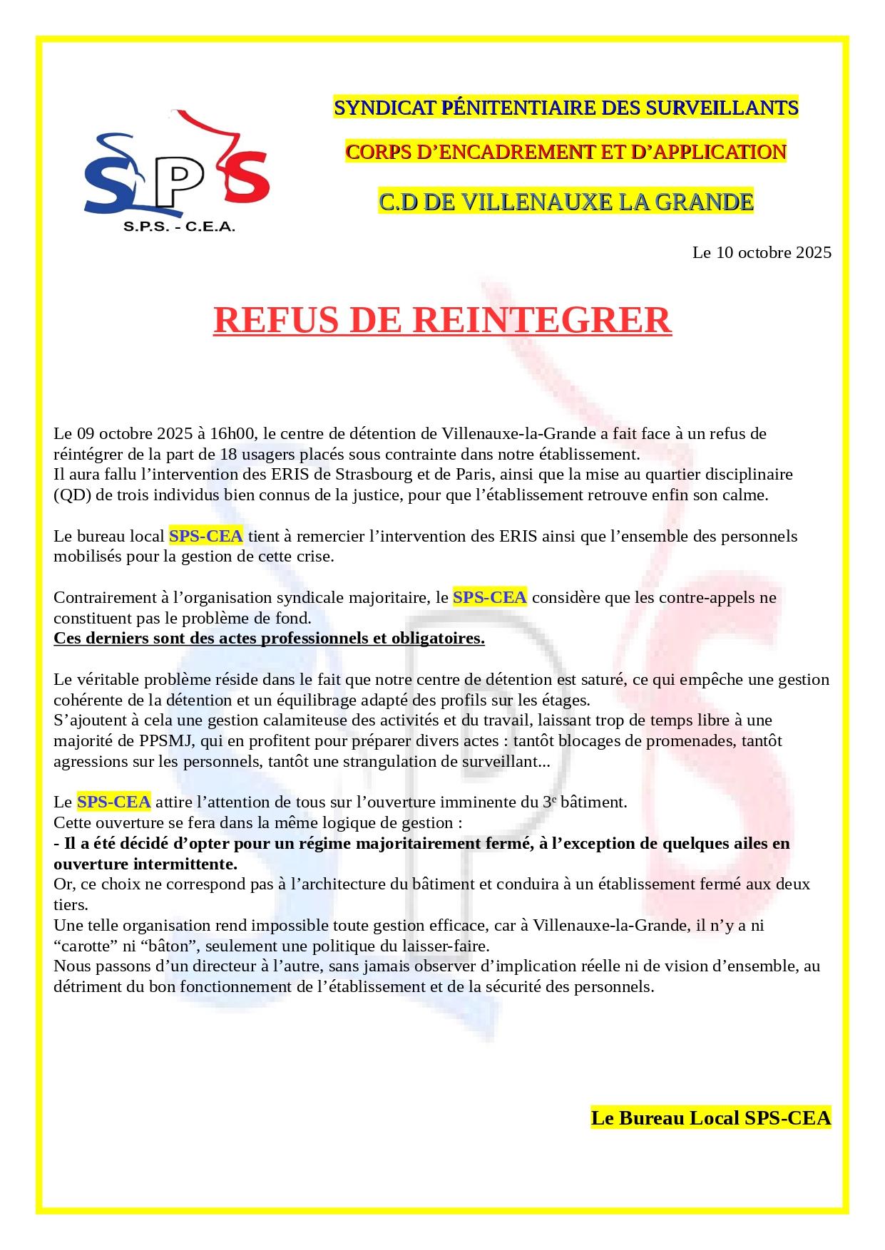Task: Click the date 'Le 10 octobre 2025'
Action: point(762,252)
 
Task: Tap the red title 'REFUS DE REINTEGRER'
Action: point(442,320)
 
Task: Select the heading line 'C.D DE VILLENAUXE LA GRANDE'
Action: point(566,202)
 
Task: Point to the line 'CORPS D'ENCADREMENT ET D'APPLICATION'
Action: point(566,152)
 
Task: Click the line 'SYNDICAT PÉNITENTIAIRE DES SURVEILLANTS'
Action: point(566,108)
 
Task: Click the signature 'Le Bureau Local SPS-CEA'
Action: point(711,1117)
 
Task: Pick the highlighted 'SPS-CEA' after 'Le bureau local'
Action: point(205,536)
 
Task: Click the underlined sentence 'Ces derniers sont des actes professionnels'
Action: point(269,639)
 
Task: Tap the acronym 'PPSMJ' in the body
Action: point(166,741)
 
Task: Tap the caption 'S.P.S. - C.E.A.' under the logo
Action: point(179,227)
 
